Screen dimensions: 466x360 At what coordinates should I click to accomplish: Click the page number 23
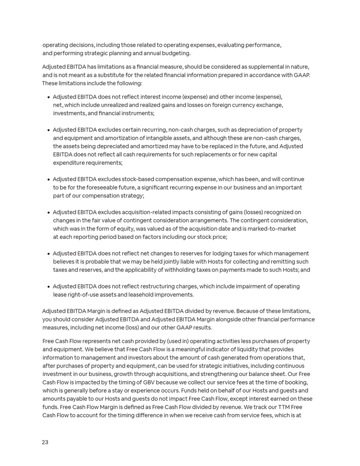tap(45, 442)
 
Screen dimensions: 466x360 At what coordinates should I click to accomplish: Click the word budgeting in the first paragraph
tap(176, 53)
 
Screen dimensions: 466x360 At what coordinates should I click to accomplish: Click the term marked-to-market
tap(268, 229)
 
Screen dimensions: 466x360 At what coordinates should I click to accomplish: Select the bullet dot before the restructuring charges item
tap(48, 287)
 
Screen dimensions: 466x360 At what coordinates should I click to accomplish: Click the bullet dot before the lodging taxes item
tap(48, 254)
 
